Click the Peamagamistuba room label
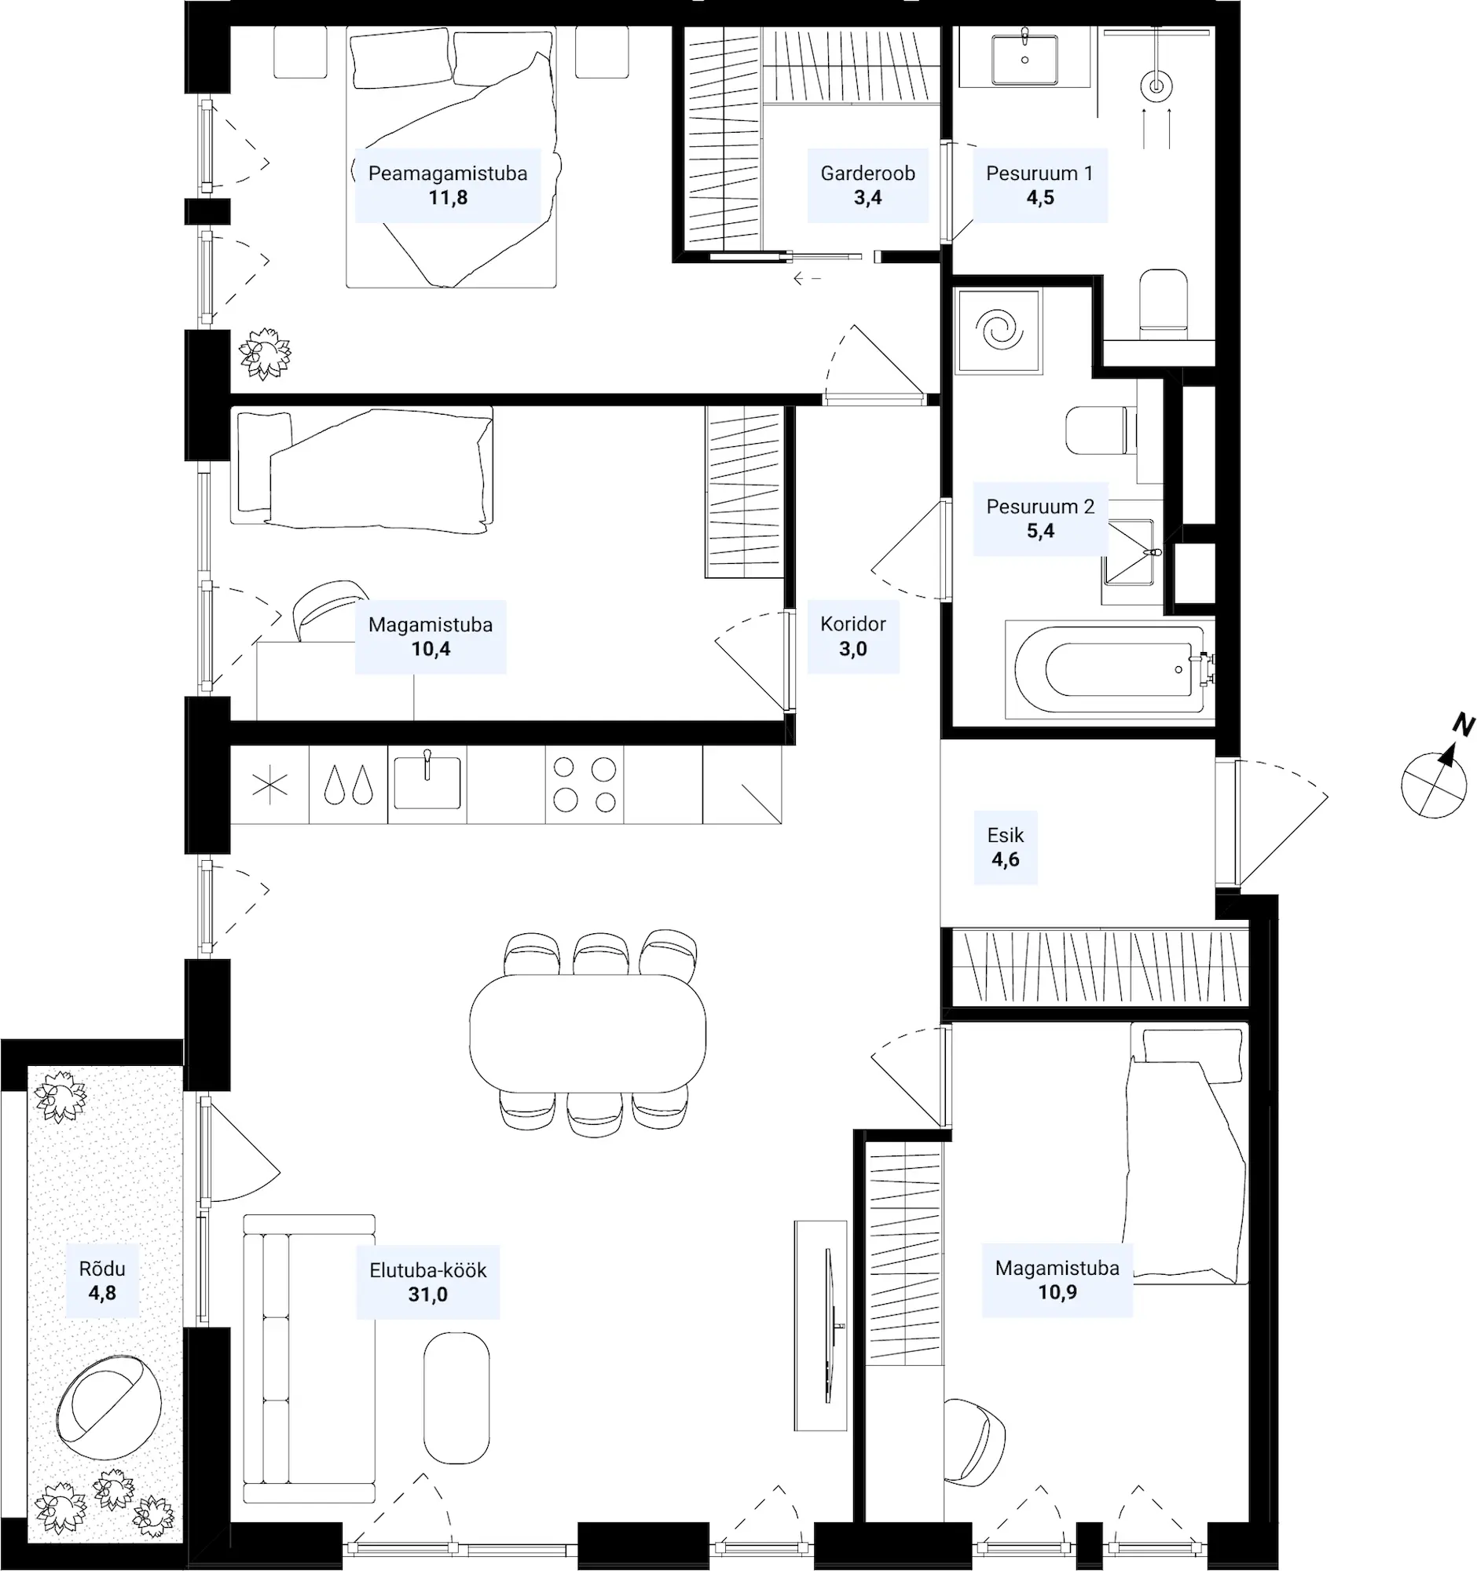click(447, 173)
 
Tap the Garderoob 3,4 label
click(867, 185)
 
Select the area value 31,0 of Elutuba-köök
click(427, 1295)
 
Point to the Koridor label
click(852, 624)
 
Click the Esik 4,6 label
click(1005, 847)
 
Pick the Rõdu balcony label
click(102, 1269)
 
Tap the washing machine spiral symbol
click(999, 330)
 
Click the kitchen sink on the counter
click(427, 782)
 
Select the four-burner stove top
click(585, 785)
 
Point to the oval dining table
click(587, 1033)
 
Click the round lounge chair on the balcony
click(109, 1407)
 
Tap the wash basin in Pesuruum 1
click(1025, 57)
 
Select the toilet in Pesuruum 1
click(1164, 304)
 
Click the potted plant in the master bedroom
click(265, 353)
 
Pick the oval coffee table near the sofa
click(456, 1398)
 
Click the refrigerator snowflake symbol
click(269, 785)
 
